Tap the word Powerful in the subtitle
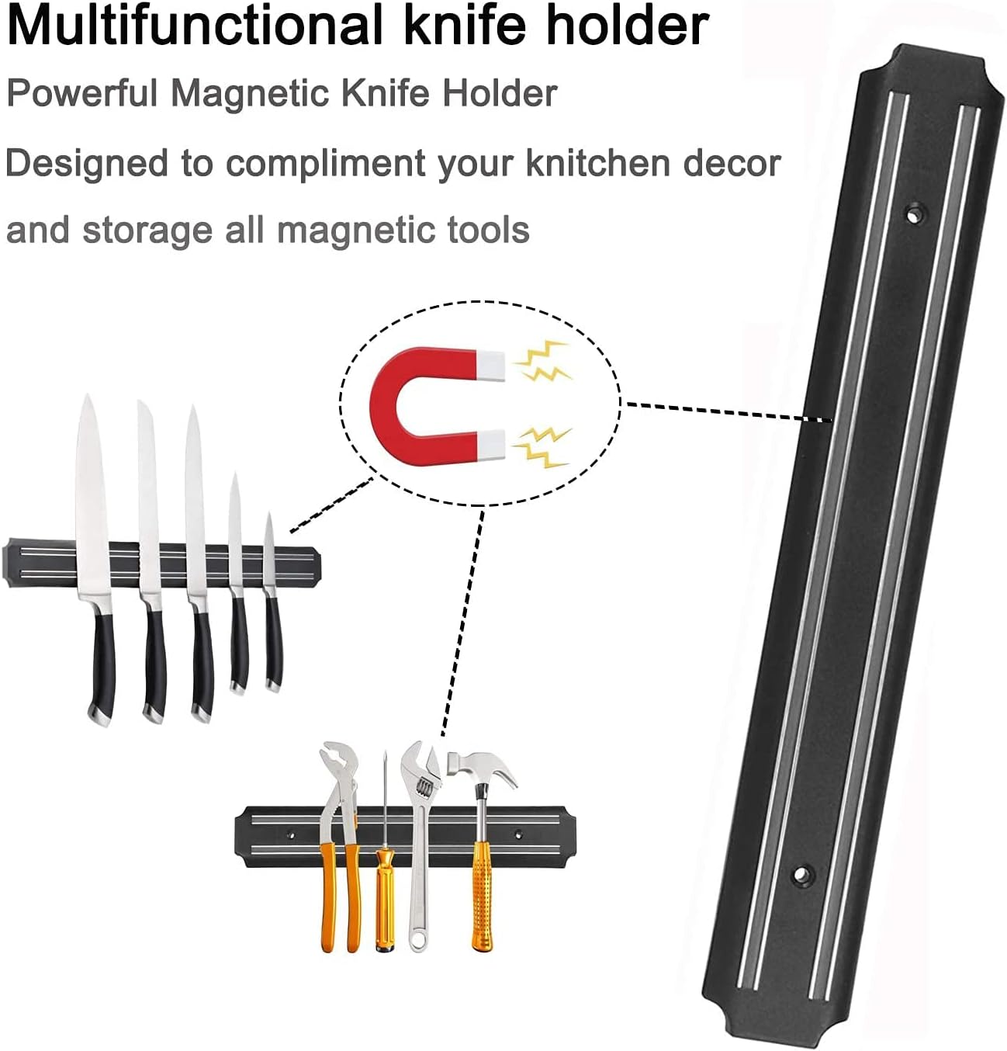81,93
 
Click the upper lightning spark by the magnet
543,362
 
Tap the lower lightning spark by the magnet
543,447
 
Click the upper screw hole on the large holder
917,210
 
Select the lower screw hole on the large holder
799,876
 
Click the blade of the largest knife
92,497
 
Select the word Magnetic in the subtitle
250,93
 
